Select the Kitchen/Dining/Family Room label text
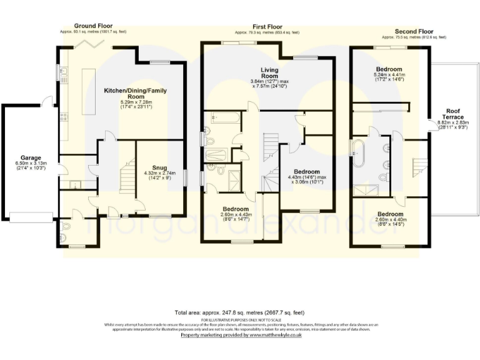143,94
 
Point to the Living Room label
269,72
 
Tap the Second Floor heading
414,30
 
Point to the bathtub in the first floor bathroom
223,116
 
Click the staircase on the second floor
417,167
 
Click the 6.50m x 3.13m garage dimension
27,165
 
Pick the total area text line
239,312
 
